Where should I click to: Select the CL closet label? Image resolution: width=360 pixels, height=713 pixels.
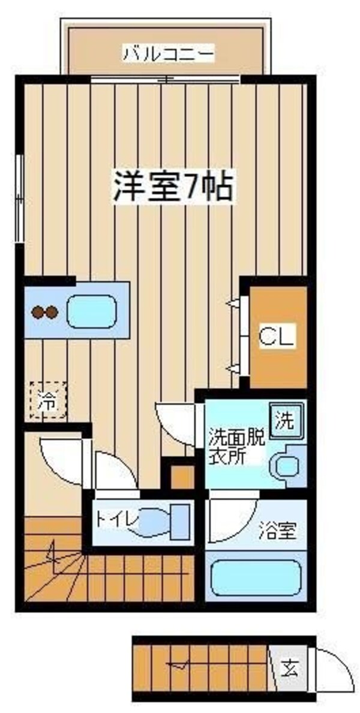pos(277,337)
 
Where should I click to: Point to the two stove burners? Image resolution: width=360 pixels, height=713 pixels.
pos(44,312)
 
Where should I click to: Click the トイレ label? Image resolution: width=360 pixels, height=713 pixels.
pos(115,516)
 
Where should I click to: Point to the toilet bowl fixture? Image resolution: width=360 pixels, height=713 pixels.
pos(165,521)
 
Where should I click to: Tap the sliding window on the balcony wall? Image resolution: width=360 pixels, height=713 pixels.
pos(165,79)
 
